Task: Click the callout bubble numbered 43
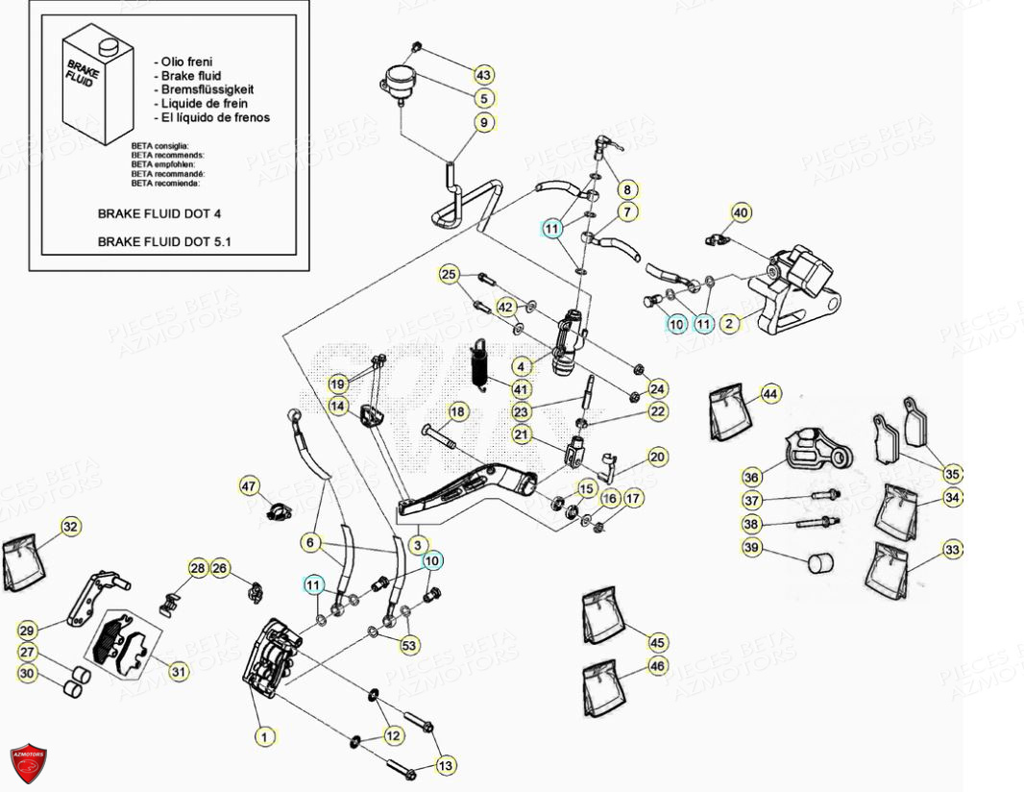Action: (483, 75)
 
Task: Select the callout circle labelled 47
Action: (250, 487)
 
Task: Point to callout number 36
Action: (751, 476)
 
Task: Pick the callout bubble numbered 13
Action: (446, 765)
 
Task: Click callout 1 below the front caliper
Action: (263, 737)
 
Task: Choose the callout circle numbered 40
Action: (740, 212)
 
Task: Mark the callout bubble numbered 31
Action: (178, 672)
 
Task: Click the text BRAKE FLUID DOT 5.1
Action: (164, 242)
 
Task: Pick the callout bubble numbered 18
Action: (457, 412)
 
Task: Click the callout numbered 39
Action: (751, 548)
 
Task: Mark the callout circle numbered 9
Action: (484, 123)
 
